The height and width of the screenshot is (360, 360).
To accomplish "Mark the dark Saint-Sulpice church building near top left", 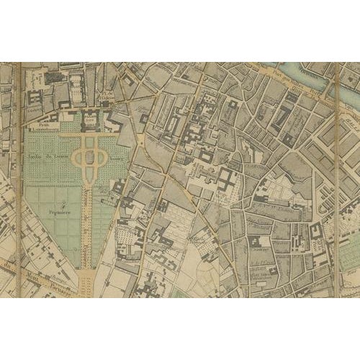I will tap(54, 76).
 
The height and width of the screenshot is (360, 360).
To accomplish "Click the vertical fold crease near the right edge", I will tap(335, 180).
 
